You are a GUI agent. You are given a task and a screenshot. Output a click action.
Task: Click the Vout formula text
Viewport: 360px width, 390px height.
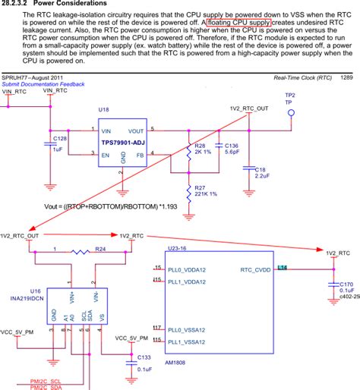click(110, 206)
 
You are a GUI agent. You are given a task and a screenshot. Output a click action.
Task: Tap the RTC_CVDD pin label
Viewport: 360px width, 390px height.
click(256, 269)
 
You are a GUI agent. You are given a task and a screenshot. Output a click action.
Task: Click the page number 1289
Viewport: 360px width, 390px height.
click(346, 77)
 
